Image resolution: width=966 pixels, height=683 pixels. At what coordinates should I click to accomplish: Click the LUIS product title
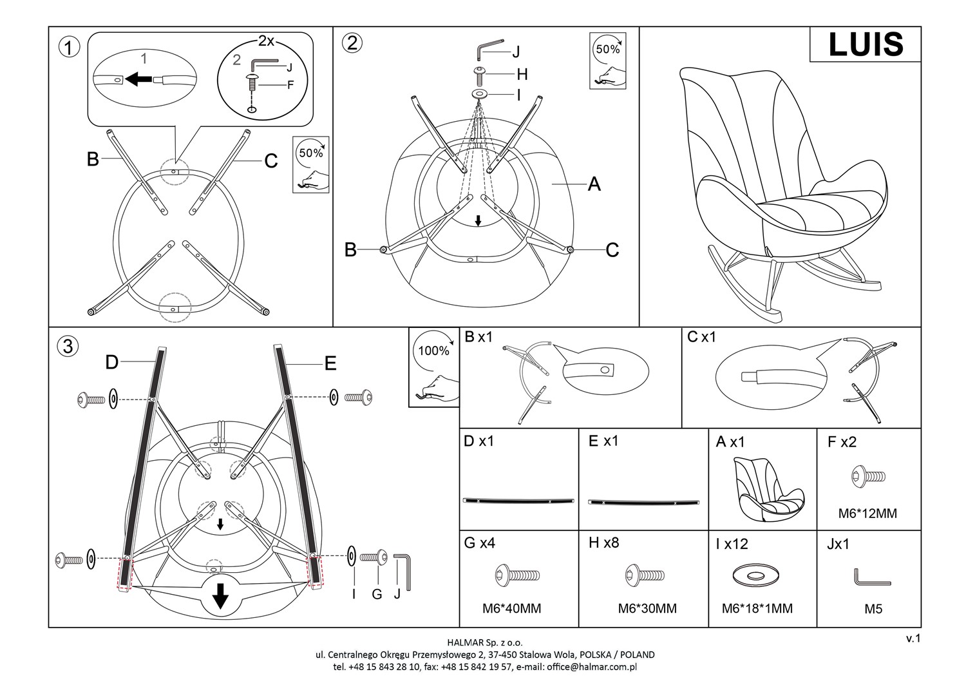point(866,44)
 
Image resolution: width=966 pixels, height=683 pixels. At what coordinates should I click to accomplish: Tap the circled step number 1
point(69,47)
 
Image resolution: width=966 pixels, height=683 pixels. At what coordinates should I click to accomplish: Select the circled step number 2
point(352,43)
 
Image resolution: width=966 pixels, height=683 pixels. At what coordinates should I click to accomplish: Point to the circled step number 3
point(68,347)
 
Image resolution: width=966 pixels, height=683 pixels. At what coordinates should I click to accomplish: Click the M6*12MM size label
point(867,514)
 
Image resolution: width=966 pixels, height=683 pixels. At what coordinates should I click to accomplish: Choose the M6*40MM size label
point(512,608)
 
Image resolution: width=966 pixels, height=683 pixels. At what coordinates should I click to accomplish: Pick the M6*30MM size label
point(647,608)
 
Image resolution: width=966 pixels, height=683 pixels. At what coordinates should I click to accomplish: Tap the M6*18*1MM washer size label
point(757,608)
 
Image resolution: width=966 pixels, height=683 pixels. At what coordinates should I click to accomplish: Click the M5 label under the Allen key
point(873,608)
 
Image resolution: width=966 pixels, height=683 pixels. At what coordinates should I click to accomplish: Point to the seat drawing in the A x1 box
point(762,490)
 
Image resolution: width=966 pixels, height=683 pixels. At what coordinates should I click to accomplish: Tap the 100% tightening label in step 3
point(434,351)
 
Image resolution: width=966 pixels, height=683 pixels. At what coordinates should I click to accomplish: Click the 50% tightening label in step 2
point(607,49)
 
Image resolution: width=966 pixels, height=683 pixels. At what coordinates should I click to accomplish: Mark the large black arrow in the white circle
point(221,597)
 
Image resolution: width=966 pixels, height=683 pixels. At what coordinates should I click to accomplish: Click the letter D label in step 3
point(112,363)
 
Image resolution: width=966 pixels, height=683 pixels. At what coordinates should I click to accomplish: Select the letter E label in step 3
point(330,364)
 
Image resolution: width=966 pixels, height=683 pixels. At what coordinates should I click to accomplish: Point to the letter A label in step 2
point(594,185)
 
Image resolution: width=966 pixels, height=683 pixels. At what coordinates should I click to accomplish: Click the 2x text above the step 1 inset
point(266,41)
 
